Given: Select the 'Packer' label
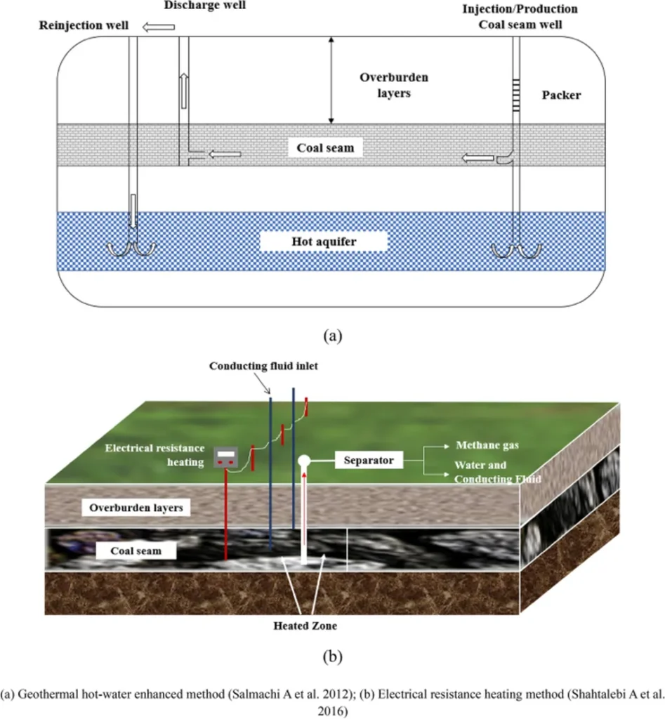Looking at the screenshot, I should [562, 95].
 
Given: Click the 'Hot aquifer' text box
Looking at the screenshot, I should [324, 242].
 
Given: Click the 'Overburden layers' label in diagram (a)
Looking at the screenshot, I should [385, 84].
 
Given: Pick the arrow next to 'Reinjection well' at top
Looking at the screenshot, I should [158, 27].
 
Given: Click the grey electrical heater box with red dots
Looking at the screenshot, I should [225, 459].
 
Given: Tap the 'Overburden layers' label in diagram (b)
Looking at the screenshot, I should [136, 507].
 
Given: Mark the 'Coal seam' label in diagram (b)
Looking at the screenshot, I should [136, 550].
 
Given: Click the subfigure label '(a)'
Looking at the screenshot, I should [332, 335].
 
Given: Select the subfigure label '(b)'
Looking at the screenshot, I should [332, 657].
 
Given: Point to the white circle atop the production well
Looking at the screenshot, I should [304, 461].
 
